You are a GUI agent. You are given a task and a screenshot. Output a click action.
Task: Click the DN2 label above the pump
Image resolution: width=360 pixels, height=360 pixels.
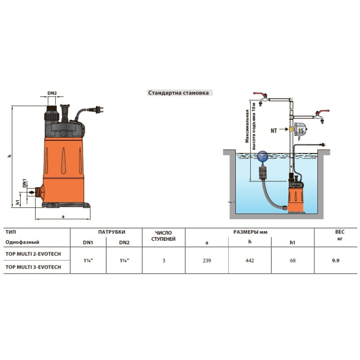coord(52,94)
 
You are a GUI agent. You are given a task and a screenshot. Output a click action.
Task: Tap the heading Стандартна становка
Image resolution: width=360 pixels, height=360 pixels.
coord(178,93)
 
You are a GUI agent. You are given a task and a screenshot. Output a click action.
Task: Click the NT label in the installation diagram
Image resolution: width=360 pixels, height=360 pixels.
coord(274,130)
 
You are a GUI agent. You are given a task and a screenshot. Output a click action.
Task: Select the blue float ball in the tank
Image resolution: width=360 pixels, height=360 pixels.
coord(262,157)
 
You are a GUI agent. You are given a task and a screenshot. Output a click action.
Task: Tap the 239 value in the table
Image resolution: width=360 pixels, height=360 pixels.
coord(207,261)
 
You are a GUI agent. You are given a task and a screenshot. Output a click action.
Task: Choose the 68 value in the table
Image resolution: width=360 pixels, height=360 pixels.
coord(293,261)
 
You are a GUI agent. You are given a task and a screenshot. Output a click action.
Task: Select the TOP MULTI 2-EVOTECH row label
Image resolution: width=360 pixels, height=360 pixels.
coord(32,254)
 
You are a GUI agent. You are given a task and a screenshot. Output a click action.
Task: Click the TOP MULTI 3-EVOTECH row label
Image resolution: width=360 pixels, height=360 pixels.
coord(32,267)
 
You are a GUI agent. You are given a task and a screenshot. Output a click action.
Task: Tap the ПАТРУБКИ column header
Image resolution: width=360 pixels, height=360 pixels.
coord(112,232)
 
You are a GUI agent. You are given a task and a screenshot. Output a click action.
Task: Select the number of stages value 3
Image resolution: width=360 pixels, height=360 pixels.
coord(163,261)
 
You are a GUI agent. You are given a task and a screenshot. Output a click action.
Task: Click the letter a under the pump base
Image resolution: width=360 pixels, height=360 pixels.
coord(63,216)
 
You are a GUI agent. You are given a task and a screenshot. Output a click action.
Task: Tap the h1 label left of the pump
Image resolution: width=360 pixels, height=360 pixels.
coord(18,202)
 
